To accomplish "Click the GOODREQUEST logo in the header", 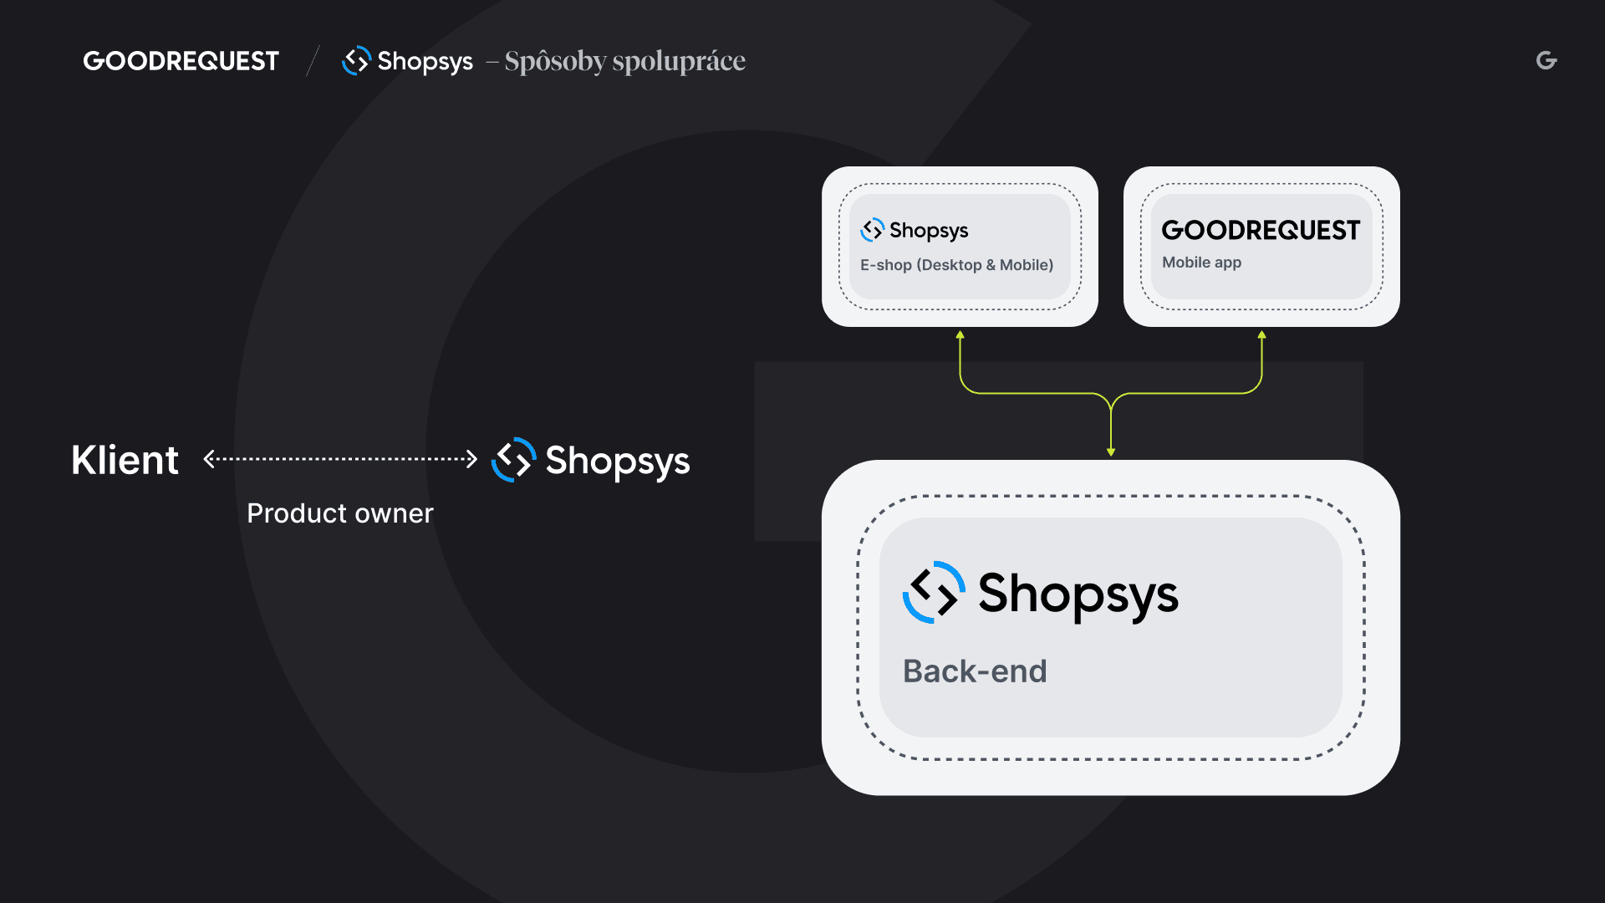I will pyautogui.click(x=181, y=61).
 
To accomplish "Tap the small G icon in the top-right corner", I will pyautogui.click(x=1546, y=60).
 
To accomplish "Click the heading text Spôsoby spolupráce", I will pyautogui.click(x=624, y=61).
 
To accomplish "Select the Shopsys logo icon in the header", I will pyautogui.click(x=356, y=60).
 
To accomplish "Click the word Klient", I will pyautogui.click(x=125, y=460).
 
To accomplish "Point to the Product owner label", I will pyautogui.click(x=340, y=513).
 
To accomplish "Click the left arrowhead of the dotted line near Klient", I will pyautogui.click(x=209, y=459).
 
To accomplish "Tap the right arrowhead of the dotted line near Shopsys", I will pyautogui.click(x=472, y=459).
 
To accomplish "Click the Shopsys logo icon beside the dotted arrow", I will pyautogui.click(x=513, y=460).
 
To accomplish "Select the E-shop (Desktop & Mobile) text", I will pyautogui.click(x=956, y=265).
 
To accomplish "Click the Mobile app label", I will pyautogui.click(x=1201, y=263).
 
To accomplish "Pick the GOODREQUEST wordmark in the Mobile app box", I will pyautogui.click(x=1261, y=230).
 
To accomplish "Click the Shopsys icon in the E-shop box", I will pyautogui.click(x=872, y=230).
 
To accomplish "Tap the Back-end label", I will pyautogui.click(x=975, y=671).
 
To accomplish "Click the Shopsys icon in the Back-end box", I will pyautogui.click(x=934, y=592).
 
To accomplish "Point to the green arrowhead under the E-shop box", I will pyautogui.click(x=960, y=335).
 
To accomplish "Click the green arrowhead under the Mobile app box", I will pyautogui.click(x=1262, y=335).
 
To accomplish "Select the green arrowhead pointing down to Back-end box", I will pyautogui.click(x=1111, y=451).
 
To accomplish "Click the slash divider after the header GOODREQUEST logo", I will pyautogui.click(x=313, y=61).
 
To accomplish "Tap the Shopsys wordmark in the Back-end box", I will pyautogui.click(x=1078, y=594).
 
